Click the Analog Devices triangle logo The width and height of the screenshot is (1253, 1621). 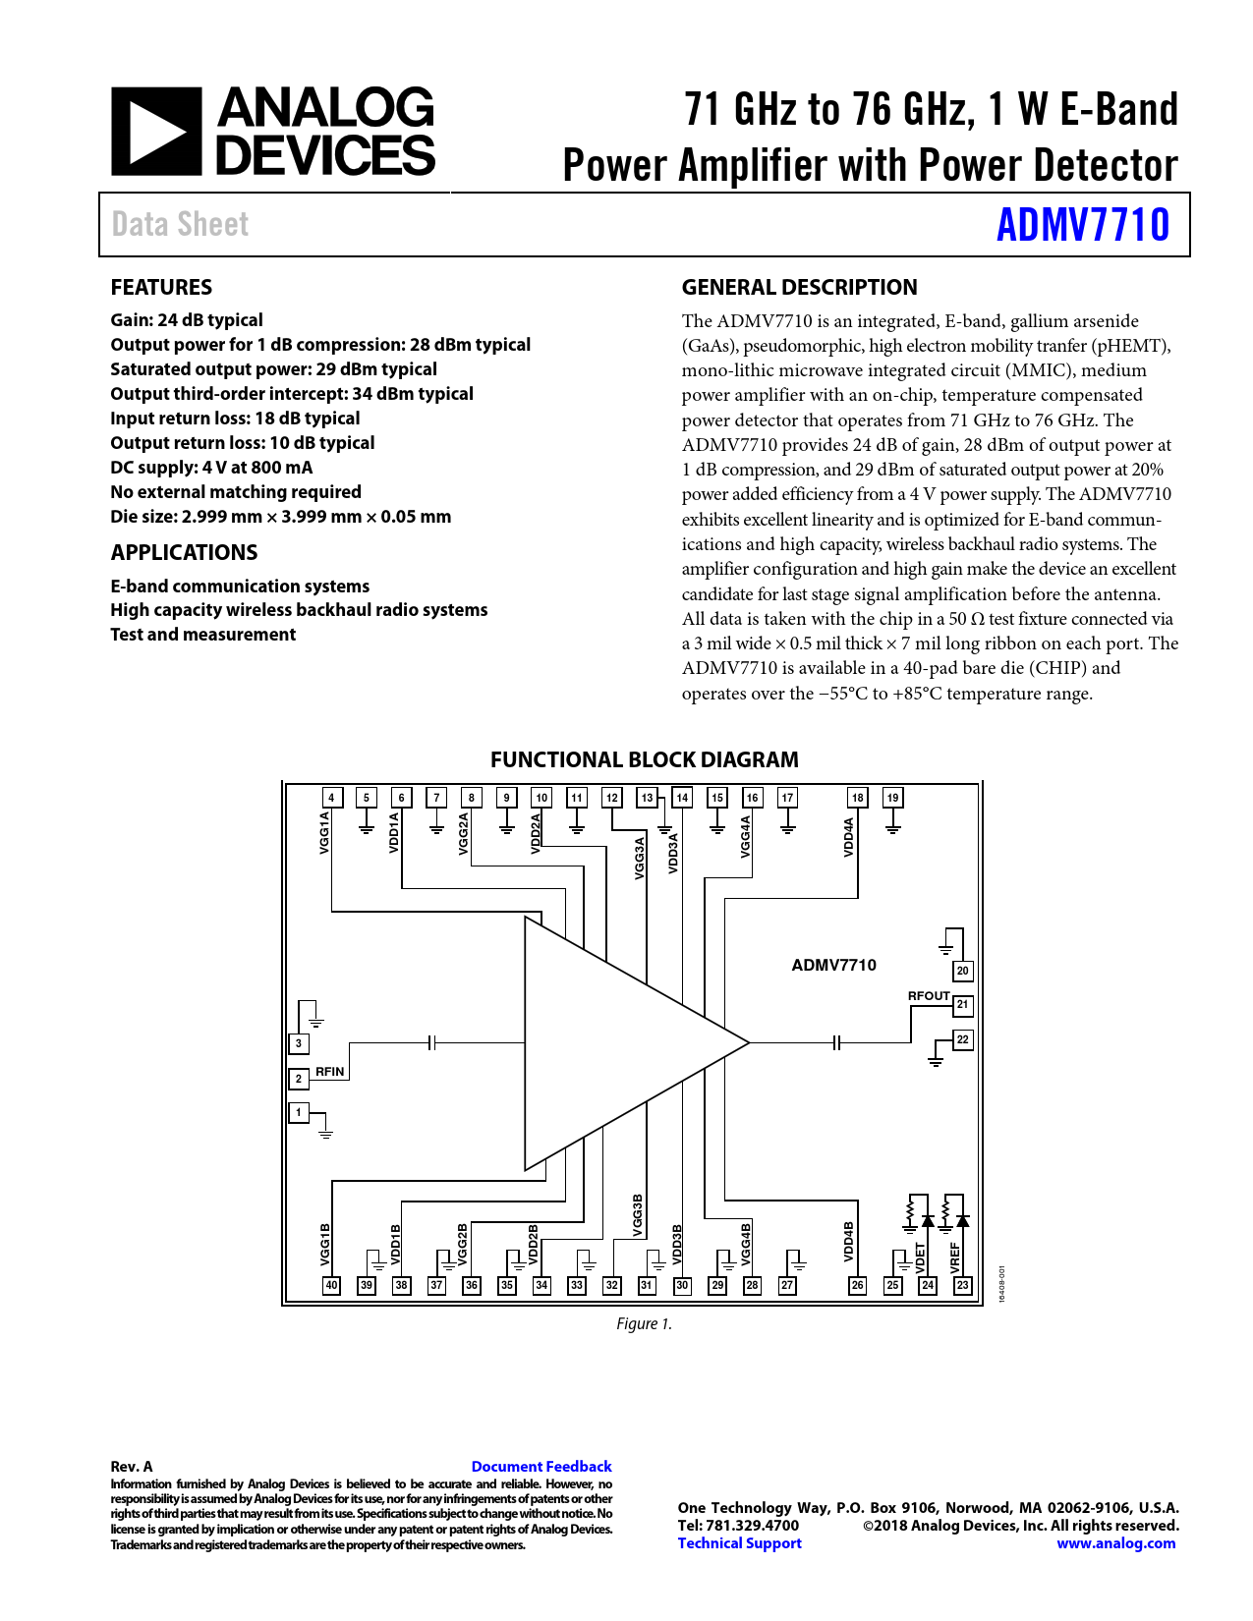click(x=156, y=132)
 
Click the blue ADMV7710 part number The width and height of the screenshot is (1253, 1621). click(x=1083, y=225)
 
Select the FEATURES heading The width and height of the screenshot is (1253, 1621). click(x=161, y=287)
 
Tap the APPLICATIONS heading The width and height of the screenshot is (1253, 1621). click(x=184, y=552)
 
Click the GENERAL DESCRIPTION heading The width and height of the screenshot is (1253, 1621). click(x=799, y=287)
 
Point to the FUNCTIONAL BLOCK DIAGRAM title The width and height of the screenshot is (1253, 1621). click(x=644, y=759)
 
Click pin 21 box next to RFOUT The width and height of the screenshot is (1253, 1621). click(x=962, y=1004)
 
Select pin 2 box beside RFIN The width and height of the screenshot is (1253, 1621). click(x=299, y=1078)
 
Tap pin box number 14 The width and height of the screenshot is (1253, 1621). click(x=682, y=797)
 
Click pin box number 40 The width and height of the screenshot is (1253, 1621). click(x=332, y=1285)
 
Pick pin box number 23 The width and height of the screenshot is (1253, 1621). click(x=962, y=1285)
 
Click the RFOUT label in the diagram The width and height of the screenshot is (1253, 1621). click(x=928, y=995)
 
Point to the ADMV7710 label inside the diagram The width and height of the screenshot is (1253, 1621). click(x=833, y=965)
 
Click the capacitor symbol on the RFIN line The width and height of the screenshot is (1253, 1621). click(x=432, y=1042)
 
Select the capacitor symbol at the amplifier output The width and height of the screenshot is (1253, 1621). click(x=836, y=1042)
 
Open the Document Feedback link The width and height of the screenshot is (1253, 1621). click(x=541, y=1466)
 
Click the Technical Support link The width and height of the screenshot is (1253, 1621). click(x=739, y=1542)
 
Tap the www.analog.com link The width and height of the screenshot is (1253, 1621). click(x=1115, y=1542)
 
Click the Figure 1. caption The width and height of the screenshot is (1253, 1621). click(x=644, y=1323)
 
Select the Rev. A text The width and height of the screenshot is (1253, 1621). click(x=132, y=1466)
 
